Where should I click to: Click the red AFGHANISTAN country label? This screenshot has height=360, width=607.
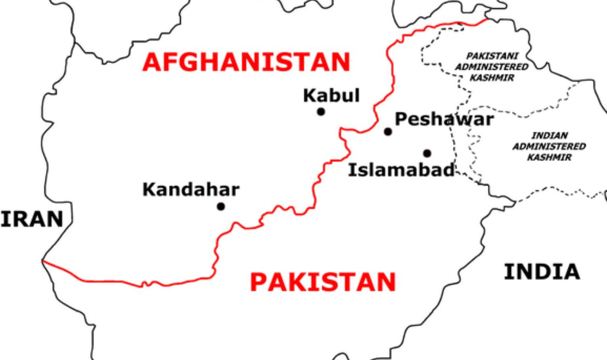246,63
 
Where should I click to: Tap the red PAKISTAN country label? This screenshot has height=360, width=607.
323,282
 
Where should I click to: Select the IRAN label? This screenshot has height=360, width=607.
32,219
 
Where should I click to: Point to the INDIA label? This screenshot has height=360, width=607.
542,272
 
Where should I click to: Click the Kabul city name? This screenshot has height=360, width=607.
331,95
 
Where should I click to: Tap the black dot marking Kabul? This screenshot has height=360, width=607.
321,112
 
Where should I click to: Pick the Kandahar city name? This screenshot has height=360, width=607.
190,189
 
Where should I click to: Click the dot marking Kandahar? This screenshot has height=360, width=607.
221,207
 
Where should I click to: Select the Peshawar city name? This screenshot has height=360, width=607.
444,119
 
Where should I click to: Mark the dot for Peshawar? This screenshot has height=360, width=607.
388,131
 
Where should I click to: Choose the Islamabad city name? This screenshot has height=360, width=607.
402,170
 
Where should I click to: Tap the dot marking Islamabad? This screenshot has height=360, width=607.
427,154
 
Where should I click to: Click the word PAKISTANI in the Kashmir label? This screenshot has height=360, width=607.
491,56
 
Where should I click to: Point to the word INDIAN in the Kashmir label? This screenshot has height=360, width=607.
549,136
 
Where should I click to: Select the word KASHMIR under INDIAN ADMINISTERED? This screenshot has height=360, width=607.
549,157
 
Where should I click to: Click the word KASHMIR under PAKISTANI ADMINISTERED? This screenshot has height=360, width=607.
491,78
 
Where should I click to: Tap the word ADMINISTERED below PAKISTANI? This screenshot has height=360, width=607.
491,67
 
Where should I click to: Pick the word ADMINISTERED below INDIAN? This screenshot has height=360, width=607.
549,146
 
